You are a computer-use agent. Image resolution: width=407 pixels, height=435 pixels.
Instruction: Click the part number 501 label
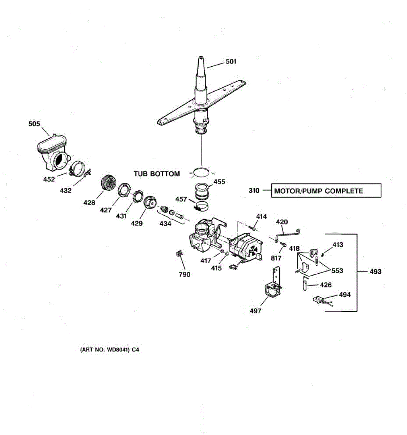point(231,62)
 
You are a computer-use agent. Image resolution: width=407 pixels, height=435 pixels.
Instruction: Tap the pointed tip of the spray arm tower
point(200,58)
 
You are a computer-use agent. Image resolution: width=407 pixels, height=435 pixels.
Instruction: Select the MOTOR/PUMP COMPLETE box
point(326,191)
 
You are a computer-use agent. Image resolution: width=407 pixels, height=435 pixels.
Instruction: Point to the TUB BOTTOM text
point(157,174)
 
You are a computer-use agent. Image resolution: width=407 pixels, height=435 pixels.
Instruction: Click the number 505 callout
point(34,124)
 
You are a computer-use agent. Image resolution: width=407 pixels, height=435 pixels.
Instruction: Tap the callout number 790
point(185,274)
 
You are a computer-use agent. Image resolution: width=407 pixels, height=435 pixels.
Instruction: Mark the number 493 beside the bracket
point(375,272)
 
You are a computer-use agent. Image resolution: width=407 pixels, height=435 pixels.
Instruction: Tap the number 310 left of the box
point(254,191)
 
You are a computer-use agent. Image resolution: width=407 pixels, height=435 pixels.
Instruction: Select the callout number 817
point(276,258)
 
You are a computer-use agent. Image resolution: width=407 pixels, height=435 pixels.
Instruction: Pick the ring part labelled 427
point(122,190)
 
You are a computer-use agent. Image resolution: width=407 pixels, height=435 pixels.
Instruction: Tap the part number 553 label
point(337,271)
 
